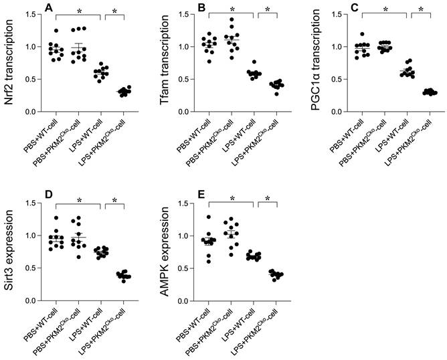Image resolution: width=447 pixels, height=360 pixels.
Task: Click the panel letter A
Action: pos(48,7)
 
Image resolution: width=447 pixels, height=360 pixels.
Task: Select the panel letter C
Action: pos(345,7)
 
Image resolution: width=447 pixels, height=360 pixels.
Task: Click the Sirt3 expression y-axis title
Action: pos(9,248)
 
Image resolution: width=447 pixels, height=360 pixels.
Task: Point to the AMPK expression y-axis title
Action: pos(158,248)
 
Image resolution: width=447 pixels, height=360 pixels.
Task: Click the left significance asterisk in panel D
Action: pos(78,200)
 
